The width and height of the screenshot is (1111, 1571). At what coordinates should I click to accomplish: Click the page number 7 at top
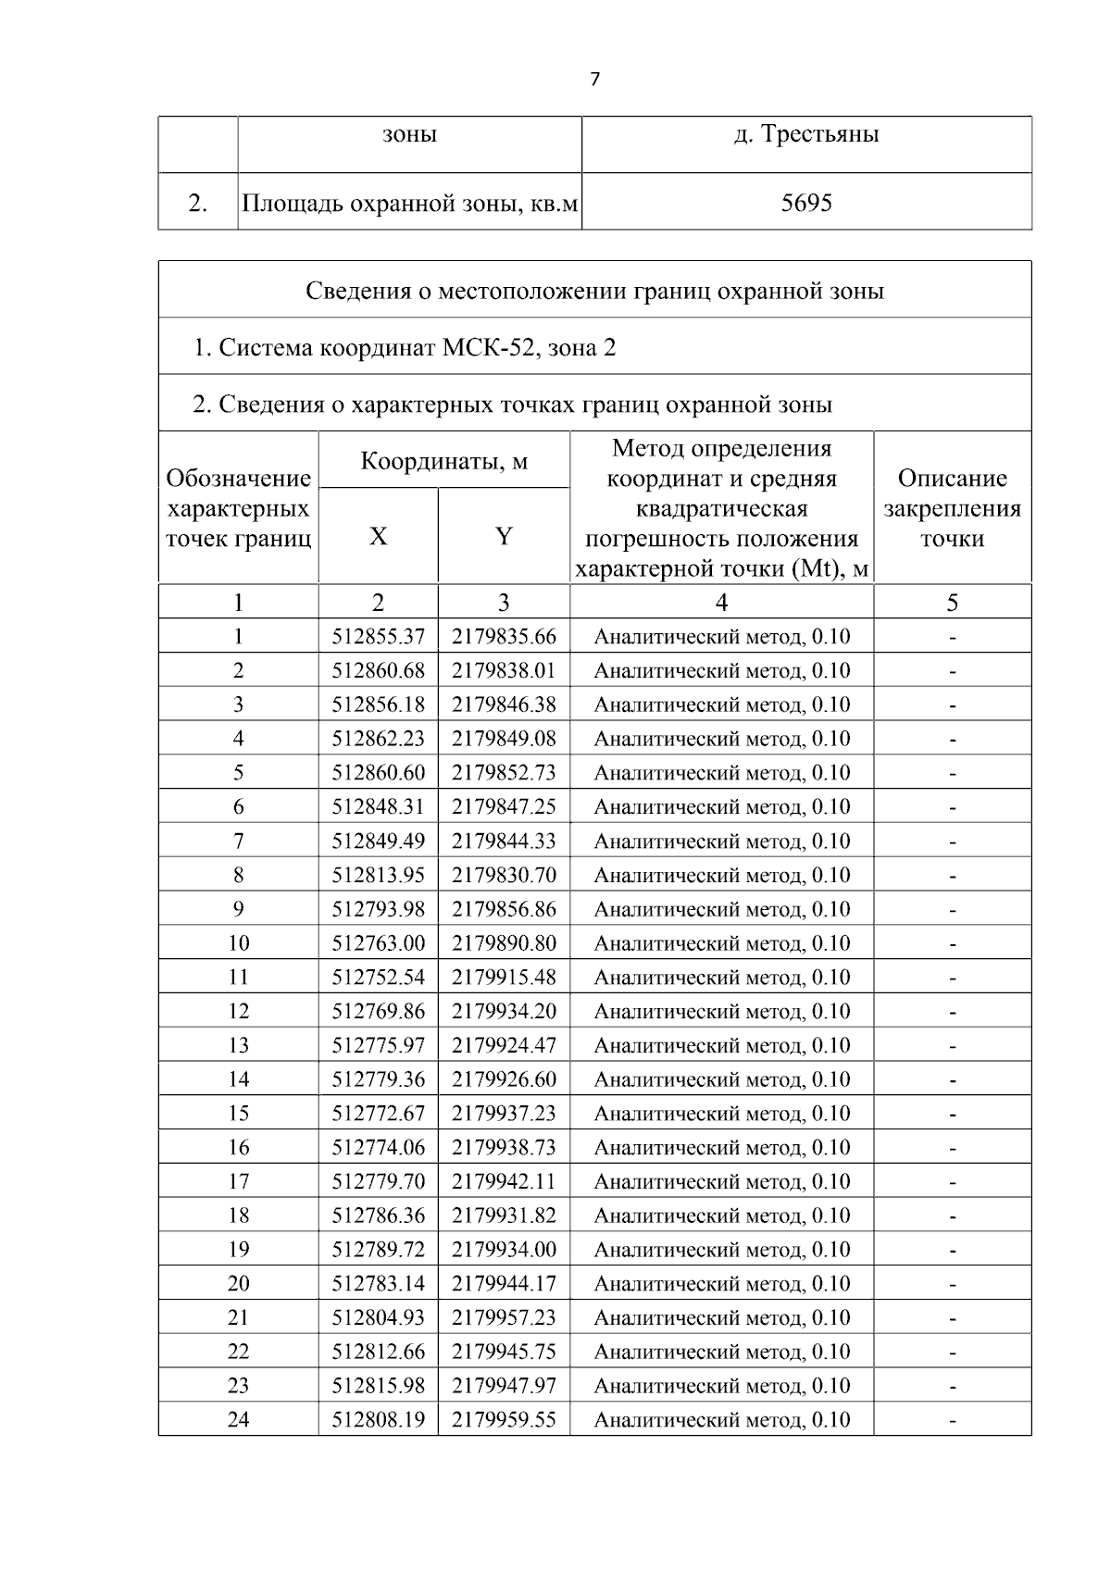click(594, 80)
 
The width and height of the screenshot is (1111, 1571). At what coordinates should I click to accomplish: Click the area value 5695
click(806, 203)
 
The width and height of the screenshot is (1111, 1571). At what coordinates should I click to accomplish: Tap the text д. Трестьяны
click(806, 134)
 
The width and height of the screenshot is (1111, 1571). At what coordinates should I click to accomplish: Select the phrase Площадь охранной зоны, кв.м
click(409, 203)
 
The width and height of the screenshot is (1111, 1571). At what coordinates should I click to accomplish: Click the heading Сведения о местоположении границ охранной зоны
click(594, 292)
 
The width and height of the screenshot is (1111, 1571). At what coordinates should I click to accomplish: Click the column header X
click(378, 537)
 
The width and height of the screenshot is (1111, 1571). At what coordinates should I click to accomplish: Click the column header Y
click(504, 537)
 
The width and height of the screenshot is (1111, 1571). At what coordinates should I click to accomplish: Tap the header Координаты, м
click(443, 461)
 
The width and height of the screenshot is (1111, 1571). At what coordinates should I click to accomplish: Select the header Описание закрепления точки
click(952, 508)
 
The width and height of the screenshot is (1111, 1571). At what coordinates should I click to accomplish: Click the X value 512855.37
click(378, 637)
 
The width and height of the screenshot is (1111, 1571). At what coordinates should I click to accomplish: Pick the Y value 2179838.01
click(504, 671)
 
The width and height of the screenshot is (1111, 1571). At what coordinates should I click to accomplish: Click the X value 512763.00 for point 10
click(378, 943)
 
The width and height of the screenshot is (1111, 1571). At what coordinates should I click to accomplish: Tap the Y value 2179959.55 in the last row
click(504, 1420)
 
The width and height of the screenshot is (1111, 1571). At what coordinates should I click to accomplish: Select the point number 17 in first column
click(238, 1182)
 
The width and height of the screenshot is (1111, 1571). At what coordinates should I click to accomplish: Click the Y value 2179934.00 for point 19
click(504, 1250)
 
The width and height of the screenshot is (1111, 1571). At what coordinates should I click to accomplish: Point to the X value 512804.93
click(378, 1318)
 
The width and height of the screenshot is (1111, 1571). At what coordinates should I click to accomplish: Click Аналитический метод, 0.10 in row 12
click(721, 1012)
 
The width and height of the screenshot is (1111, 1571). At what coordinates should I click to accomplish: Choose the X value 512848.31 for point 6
click(378, 807)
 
